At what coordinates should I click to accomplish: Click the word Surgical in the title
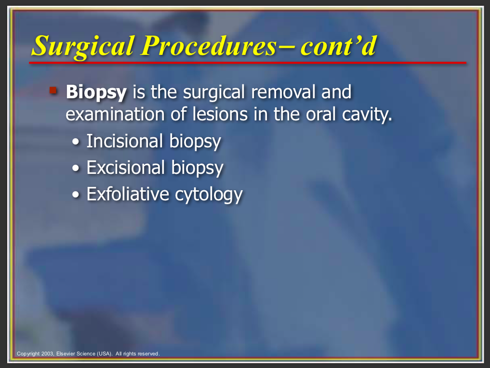click(83, 46)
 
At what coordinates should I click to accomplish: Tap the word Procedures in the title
click(209, 46)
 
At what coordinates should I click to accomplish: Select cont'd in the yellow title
click(338, 46)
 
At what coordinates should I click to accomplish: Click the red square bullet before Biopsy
click(53, 90)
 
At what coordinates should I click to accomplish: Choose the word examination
click(115, 114)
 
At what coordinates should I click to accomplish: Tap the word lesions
click(220, 114)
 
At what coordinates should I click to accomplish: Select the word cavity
click(367, 115)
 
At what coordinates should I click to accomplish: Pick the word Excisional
click(126, 168)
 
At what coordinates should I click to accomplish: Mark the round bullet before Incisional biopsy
click(76, 142)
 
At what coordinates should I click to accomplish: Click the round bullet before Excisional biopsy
click(76, 169)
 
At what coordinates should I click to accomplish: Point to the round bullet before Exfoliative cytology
click(76, 195)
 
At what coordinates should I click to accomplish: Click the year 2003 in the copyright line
click(48, 354)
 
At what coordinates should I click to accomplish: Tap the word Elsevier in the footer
click(66, 354)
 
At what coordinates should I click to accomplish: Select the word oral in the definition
click(321, 114)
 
